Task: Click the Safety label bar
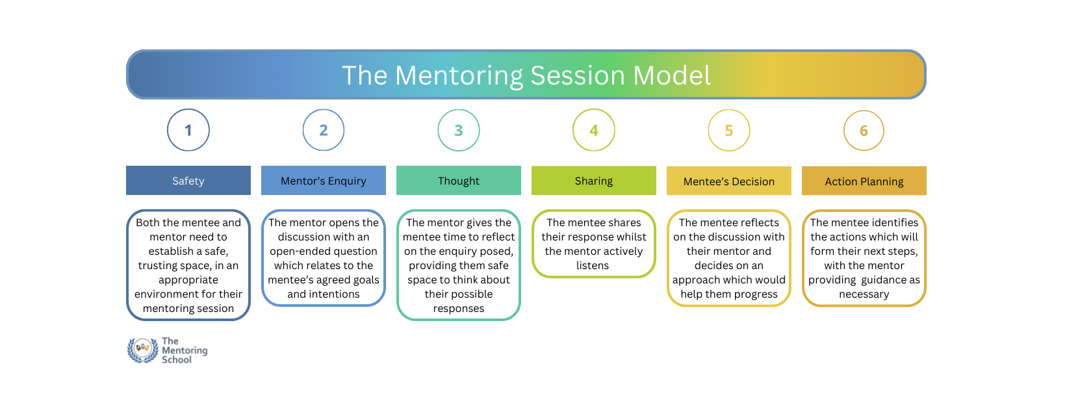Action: point(188,181)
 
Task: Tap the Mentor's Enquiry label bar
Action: point(324,181)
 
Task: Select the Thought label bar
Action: point(459,181)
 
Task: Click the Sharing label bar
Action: point(593,181)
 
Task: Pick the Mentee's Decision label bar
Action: point(729,181)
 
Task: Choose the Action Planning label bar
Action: point(864,181)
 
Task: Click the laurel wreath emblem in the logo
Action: point(142,350)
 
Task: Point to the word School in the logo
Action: point(177,359)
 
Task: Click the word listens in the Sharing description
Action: point(593,265)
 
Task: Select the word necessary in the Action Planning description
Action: point(864,294)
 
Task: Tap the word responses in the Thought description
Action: point(459,309)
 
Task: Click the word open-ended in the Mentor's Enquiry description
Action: point(299,252)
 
